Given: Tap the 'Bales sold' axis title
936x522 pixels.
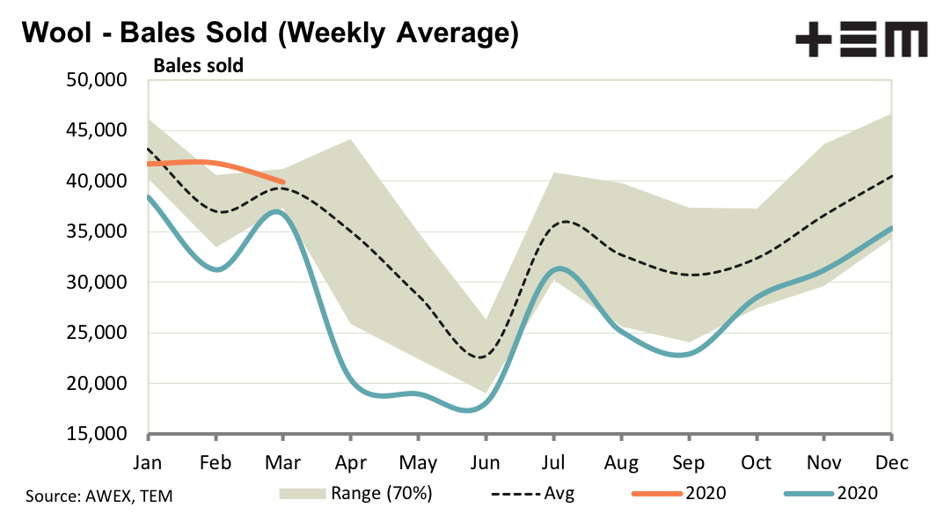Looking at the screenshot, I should (199, 65).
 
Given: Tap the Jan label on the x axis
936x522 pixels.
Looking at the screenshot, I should (148, 462).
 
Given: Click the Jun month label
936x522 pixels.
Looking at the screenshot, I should (485, 462).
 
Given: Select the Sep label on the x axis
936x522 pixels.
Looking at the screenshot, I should (689, 462).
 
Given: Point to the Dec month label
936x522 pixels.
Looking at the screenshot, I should (892, 462).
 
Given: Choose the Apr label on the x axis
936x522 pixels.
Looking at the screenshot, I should (350, 462).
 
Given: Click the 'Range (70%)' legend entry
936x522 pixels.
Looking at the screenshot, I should (381, 493).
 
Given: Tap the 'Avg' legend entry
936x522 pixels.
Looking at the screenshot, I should (559, 493).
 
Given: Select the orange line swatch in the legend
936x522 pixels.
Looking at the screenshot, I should (657, 493).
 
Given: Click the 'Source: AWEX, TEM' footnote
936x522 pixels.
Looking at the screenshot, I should (99, 496).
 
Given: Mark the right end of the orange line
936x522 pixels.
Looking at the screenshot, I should (282, 182).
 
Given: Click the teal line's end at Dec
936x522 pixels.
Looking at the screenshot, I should (891, 228).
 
